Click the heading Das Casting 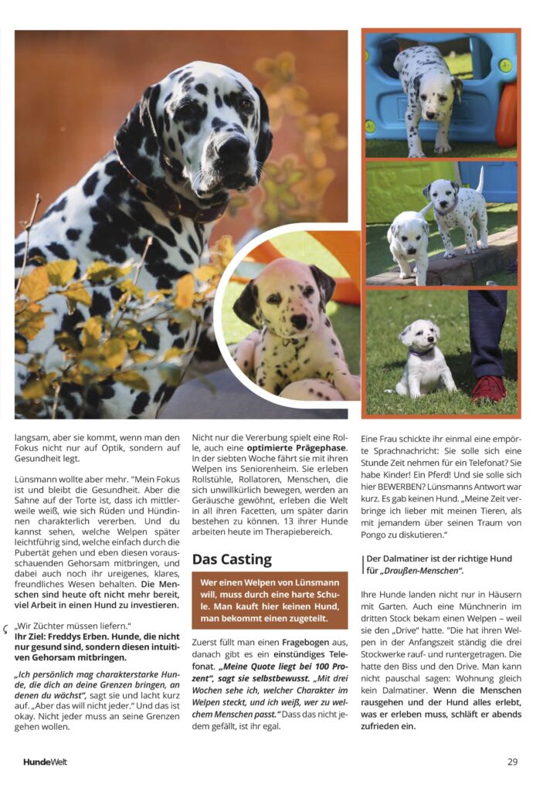[232, 559]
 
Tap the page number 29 [512, 762]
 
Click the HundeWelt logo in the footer [45, 762]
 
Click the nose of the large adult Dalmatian [233, 150]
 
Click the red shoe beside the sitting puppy [489, 387]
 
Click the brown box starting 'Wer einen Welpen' [260, 599]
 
